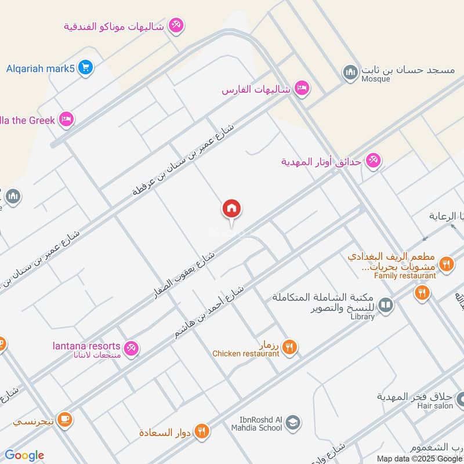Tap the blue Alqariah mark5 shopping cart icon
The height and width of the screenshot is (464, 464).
(86, 68)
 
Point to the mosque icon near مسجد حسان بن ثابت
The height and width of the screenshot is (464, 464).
(350, 72)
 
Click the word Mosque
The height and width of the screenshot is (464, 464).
(375, 79)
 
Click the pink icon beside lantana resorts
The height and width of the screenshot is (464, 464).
(132, 348)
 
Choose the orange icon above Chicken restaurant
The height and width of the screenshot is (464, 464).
(290, 347)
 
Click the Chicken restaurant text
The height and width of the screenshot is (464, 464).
(246, 354)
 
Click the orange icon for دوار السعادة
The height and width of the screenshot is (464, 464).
(201, 431)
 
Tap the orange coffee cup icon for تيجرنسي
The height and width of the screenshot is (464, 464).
(64, 419)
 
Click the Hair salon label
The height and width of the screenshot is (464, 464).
(436, 406)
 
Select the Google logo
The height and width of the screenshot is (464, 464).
(24, 455)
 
